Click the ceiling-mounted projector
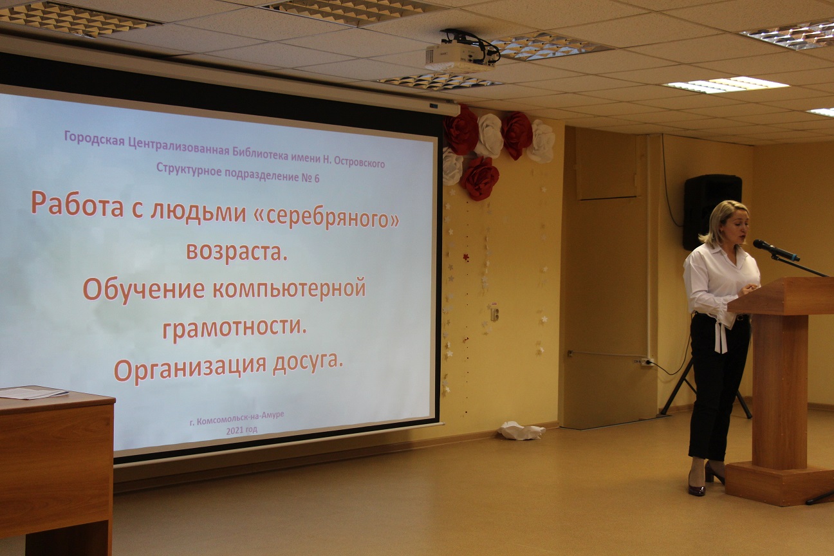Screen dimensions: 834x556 pyautogui.click(x=461, y=53)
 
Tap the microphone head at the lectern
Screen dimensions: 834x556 pyautogui.click(x=764, y=246)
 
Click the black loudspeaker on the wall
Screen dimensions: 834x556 pyautogui.click(x=712, y=212)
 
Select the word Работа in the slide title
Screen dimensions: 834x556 pyautogui.click(x=77, y=204)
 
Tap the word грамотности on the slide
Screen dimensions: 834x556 pyautogui.click(x=234, y=327)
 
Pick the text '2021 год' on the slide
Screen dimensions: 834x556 pyautogui.click(x=241, y=430)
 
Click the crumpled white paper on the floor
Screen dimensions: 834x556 pyautogui.click(x=521, y=430)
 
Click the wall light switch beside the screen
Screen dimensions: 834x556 pyautogui.click(x=494, y=314)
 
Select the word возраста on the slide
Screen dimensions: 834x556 pyautogui.click(x=237, y=252)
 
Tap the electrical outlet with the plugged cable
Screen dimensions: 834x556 pyautogui.click(x=646, y=361)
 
